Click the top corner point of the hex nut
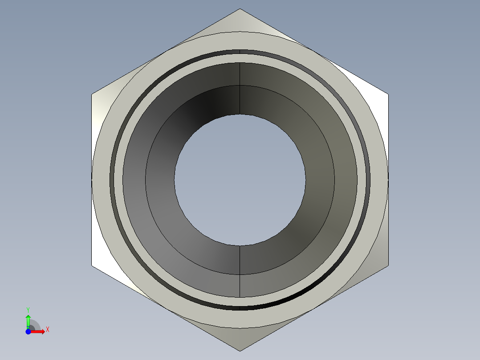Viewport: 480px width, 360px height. tap(240, 8)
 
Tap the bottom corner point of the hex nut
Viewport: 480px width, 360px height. tap(240, 351)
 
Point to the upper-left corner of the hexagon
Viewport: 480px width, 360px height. tap(92, 94)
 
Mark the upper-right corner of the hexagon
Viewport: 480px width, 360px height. tap(388, 94)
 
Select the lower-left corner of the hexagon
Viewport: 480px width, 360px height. tap(92, 266)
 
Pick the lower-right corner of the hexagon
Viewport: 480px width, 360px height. tap(388, 266)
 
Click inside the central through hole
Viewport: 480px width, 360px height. tap(240, 180)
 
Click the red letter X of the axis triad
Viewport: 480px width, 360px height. tap(48, 330)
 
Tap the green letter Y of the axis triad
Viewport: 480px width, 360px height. tap(28, 310)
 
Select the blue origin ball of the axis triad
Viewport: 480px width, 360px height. tap(28, 331)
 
